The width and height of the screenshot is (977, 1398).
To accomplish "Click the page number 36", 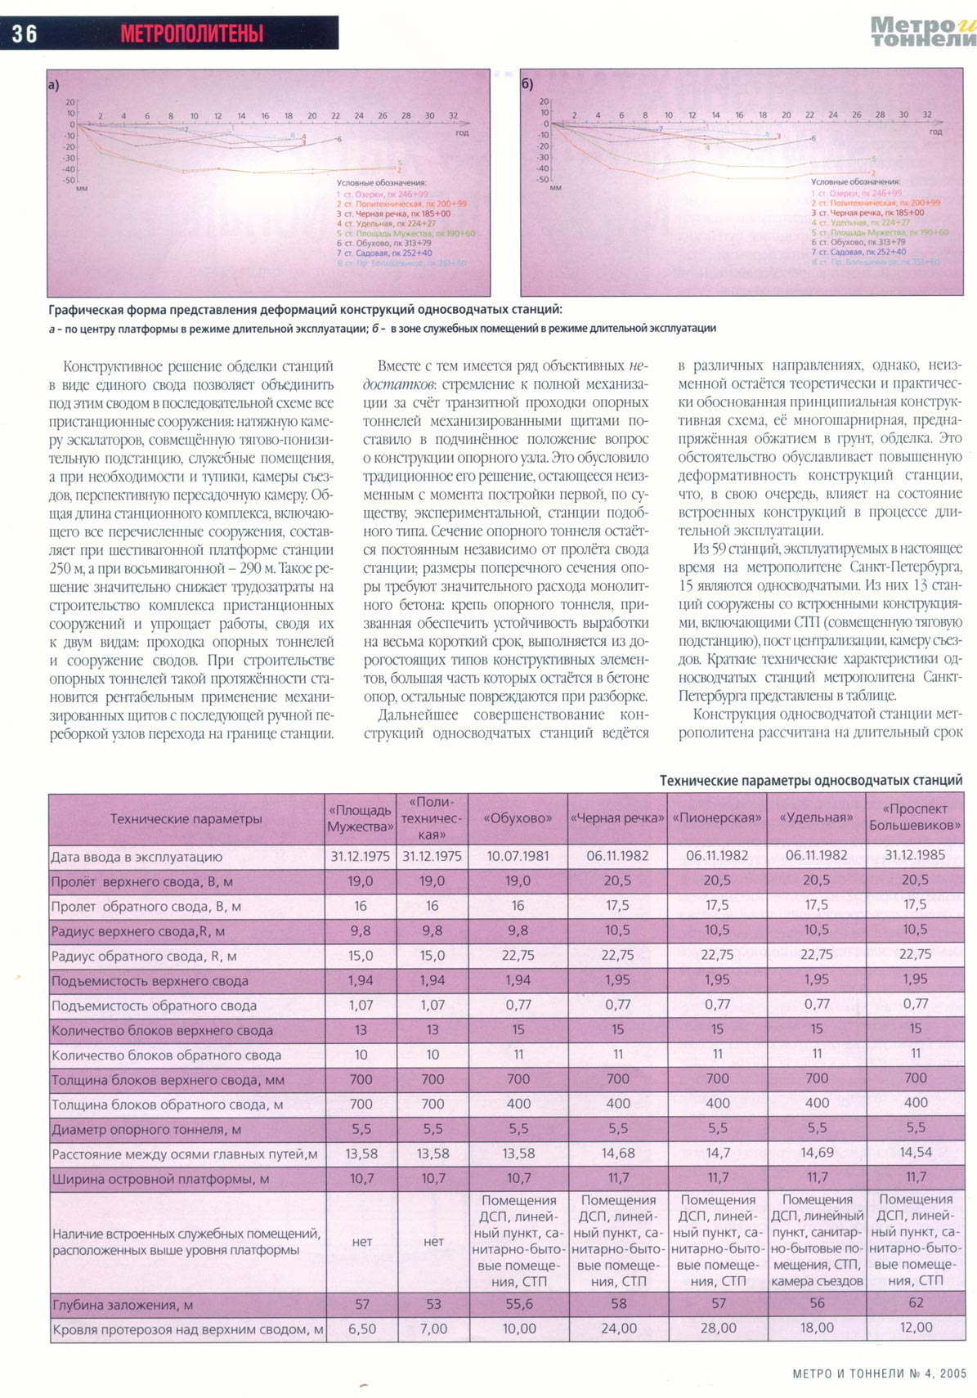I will [25, 34].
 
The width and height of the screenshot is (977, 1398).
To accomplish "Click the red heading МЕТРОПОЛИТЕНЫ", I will [192, 34].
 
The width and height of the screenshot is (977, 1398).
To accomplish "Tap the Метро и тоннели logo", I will [923, 32].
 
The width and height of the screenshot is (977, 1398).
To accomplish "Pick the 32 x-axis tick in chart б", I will [927, 115].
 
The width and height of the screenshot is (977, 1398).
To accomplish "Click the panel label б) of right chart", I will [527, 84].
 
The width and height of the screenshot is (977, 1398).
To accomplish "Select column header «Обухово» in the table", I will [518, 818].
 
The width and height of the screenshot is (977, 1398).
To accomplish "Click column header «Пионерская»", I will [717, 818].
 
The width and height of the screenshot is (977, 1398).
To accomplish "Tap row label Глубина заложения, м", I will [123, 1306].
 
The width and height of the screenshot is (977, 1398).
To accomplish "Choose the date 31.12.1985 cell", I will [915, 855].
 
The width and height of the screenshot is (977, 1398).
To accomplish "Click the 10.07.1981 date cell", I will [518, 856].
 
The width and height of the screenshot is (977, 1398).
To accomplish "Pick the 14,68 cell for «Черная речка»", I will [617, 1153].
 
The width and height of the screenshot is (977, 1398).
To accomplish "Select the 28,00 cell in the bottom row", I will [718, 1329].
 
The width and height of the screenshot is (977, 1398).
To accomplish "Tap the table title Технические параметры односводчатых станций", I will [811, 781].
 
